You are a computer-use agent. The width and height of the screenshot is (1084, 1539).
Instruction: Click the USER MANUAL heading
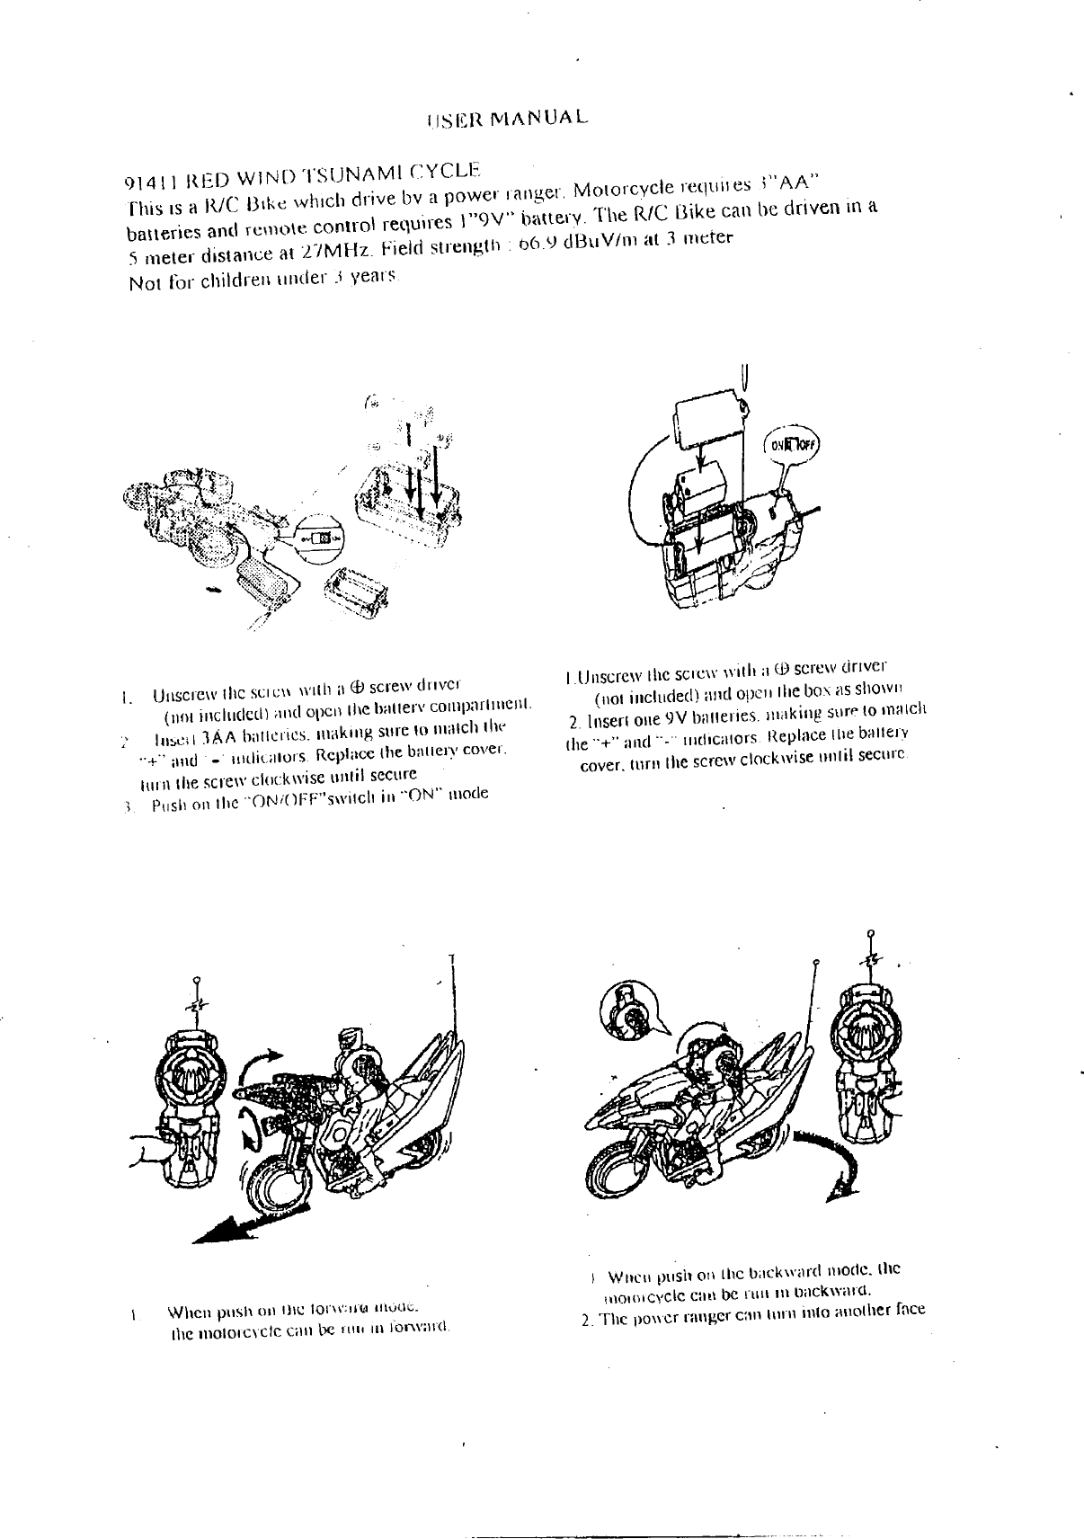[x=508, y=119]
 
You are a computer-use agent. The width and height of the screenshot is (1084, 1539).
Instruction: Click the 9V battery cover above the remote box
[x=709, y=420]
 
